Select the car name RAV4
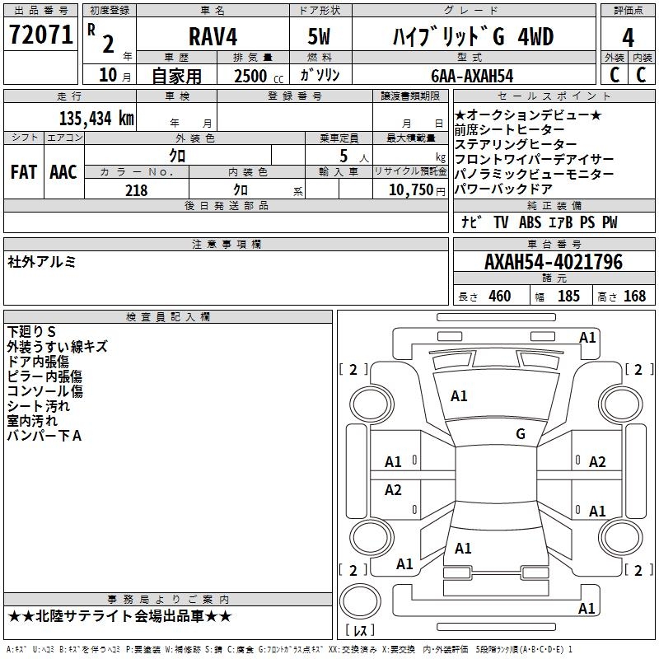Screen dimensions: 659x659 tap(213, 38)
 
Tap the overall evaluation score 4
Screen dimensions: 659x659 tap(628, 38)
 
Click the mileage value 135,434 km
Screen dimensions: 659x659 tap(97, 118)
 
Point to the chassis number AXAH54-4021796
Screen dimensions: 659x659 tap(553, 263)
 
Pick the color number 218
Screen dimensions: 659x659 tap(136, 190)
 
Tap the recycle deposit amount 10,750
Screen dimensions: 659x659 tap(409, 190)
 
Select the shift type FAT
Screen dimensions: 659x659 tap(23, 172)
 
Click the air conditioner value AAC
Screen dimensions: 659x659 tap(63, 172)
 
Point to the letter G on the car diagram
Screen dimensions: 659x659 tap(520, 434)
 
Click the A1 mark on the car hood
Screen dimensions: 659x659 tap(459, 396)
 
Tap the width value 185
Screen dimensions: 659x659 tap(568, 297)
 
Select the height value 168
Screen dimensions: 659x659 tap(634, 297)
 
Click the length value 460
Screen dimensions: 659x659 tap(499, 297)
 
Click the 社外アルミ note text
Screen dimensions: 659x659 tap(42, 261)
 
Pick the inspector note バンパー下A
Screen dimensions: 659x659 tap(44, 436)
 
